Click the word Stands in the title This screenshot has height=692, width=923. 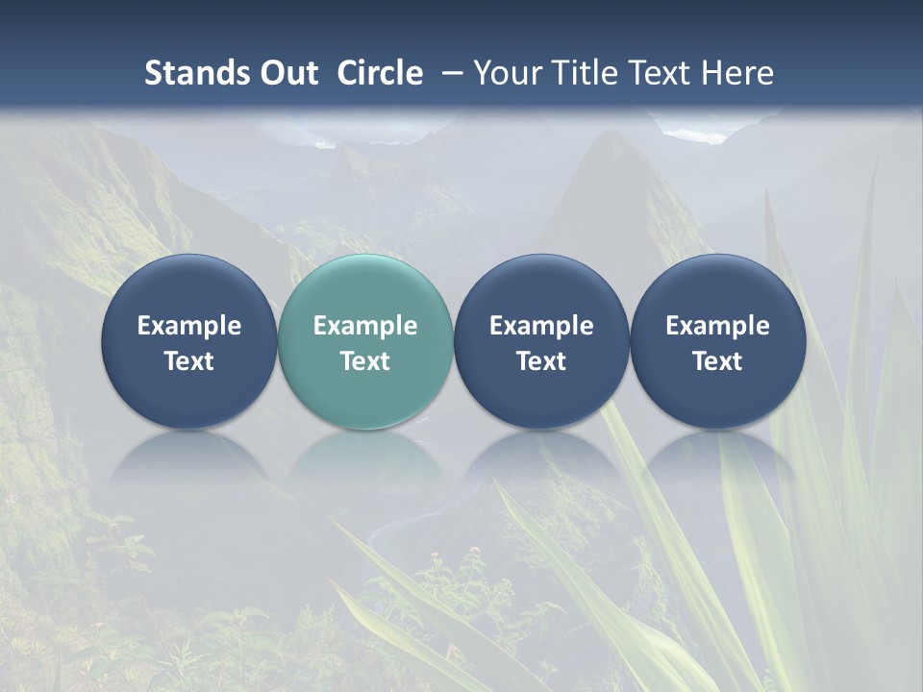pos(190,73)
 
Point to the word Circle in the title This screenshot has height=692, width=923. pos(380,73)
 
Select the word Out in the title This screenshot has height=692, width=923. pos(286,73)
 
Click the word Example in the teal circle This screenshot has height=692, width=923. pos(365,326)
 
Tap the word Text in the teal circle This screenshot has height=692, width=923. pos(365,361)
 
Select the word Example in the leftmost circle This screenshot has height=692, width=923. pos(188,326)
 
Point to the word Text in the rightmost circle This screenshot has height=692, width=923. pos(717,361)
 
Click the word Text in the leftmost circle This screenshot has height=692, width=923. pos(188,361)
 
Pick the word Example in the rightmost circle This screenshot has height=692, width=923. pos(717,326)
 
